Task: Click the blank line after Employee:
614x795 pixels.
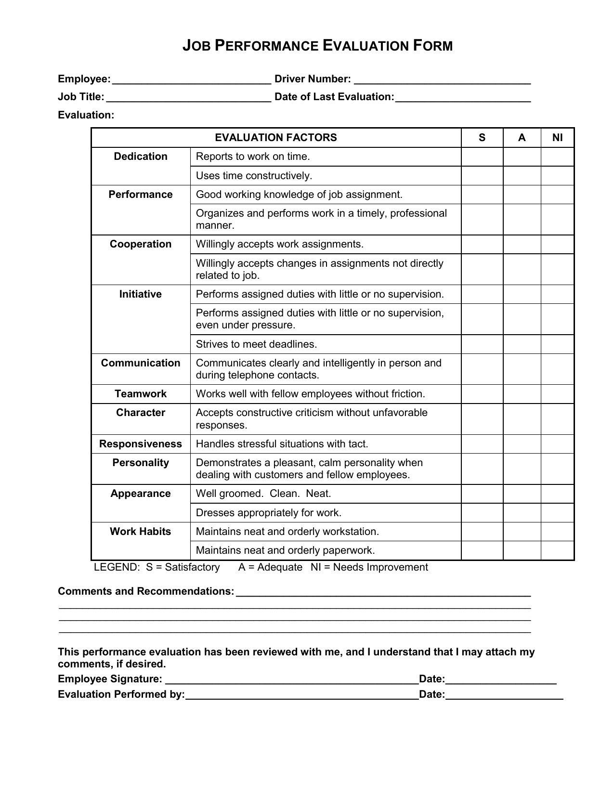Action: (191, 79)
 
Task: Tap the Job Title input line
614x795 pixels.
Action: (188, 97)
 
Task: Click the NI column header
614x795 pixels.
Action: (557, 138)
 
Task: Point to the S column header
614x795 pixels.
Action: (482, 138)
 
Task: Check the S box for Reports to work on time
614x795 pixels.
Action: (482, 157)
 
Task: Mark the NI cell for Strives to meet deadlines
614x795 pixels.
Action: (557, 344)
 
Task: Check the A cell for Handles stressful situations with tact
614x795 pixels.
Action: (522, 444)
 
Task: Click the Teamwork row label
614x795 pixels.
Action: (141, 394)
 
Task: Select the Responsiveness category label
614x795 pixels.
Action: (141, 444)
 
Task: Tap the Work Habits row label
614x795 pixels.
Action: (141, 532)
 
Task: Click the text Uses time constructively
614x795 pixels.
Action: (254, 176)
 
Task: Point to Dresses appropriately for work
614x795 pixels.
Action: (268, 513)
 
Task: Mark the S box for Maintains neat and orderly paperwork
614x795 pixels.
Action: (482, 550)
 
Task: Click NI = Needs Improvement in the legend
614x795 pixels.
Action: (369, 567)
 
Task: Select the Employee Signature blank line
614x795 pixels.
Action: (291, 679)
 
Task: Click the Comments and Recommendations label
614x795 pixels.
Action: (146, 591)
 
